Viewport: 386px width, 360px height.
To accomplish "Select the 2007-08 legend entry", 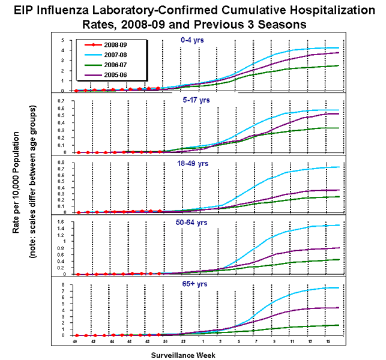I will click(x=114, y=53).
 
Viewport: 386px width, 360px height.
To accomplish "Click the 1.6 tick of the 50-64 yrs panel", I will click(x=61, y=222).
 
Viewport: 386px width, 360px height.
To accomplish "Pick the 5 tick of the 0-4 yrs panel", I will click(x=64, y=40).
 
